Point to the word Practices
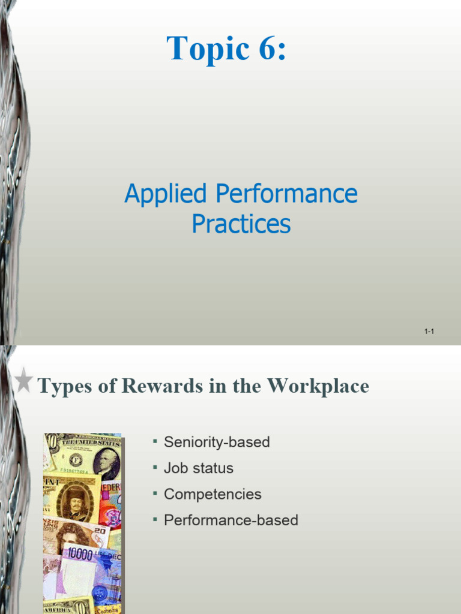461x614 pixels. tap(241, 224)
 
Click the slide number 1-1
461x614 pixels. tap(429, 332)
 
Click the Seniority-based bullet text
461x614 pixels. tap(217, 443)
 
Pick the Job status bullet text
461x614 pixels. tap(199, 468)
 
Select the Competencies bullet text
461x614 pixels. tap(212, 494)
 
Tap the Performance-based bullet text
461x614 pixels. tap(231, 520)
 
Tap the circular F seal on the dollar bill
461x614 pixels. tap(75, 460)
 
